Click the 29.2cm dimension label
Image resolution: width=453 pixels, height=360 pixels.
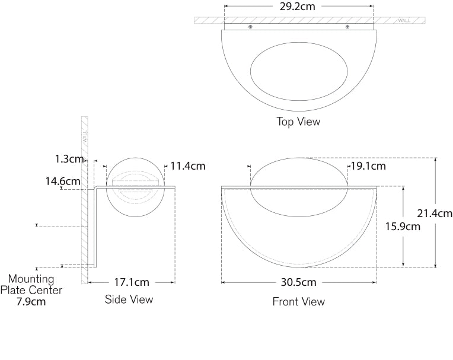[x=297, y=7]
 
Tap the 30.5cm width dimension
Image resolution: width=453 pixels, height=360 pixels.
[x=298, y=282]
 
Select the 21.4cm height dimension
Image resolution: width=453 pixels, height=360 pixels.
[x=435, y=214]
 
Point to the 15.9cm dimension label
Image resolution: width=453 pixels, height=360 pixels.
[x=403, y=226]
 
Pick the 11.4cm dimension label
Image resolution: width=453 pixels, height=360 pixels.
[x=188, y=166]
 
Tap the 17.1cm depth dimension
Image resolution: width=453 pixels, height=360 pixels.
[x=132, y=282]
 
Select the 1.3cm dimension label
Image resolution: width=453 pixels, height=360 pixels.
[x=69, y=158]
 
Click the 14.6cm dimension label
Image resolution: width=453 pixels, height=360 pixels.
[x=63, y=181]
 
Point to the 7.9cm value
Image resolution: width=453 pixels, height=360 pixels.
[x=31, y=302]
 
